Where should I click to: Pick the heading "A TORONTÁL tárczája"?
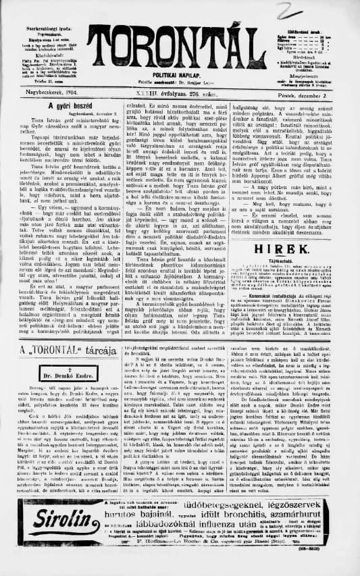[x=57, y=351]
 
